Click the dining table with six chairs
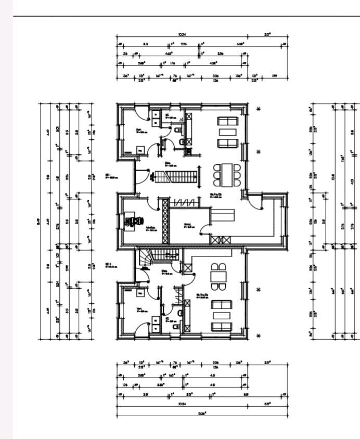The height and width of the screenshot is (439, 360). tap(227, 175)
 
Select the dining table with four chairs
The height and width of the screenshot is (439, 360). tap(218, 278)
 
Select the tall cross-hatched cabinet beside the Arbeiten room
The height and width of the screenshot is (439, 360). tap(166, 221)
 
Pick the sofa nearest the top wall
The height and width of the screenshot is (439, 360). tap(227, 121)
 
